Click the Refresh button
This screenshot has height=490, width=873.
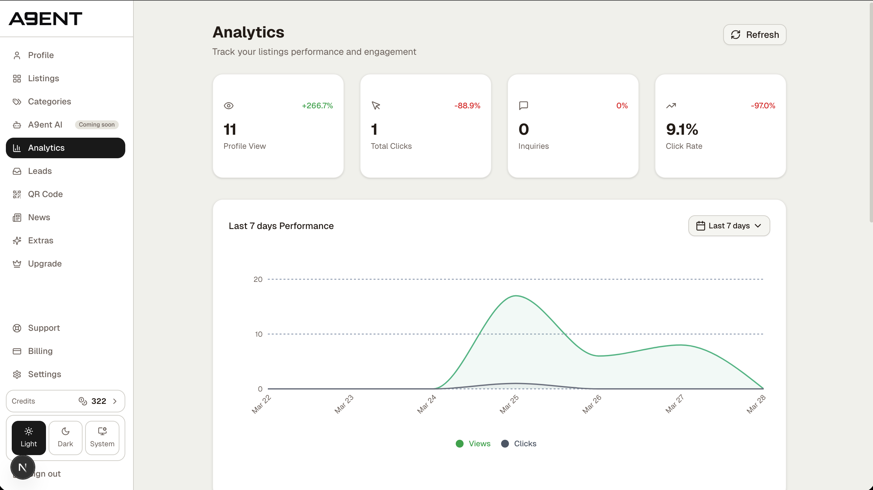pos(754,35)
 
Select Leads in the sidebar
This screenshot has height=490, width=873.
pos(40,171)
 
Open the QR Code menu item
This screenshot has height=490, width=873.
pos(45,194)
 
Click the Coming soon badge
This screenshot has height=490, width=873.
pos(97,125)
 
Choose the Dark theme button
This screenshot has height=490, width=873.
pos(65,437)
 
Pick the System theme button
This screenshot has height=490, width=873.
pos(102,437)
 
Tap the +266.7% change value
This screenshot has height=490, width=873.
pos(317,106)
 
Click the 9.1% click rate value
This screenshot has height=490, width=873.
pos(682,130)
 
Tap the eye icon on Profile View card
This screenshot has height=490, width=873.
pos(229,106)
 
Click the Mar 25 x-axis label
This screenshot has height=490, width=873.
pos(509,404)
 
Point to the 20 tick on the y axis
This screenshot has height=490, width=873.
pos(258,279)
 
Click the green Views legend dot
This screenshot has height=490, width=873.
pos(460,444)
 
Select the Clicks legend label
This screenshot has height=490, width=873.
pos(525,444)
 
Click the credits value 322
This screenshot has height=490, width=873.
pos(99,401)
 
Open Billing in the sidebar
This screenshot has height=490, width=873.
pos(40,351)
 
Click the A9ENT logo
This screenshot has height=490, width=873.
pos(45,19)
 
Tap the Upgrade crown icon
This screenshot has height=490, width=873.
pos(17,264)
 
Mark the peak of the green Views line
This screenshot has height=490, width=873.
pos(516,296)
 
